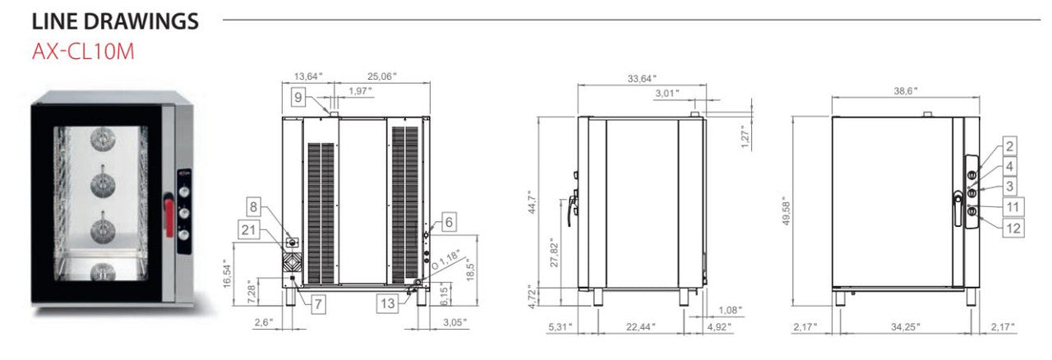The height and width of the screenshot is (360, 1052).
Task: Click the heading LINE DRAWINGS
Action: tap(115, 22)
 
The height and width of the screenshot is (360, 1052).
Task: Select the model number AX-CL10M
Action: tap(82, 52)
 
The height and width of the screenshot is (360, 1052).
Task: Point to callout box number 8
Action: tap(254, 207)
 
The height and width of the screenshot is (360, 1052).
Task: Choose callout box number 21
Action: tap(250, 229)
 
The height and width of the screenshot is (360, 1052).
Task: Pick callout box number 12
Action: tap(1014, 228)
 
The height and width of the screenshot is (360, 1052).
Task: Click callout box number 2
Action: tap(1010, 146)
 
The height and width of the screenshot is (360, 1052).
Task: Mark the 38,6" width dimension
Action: tap(905, 91)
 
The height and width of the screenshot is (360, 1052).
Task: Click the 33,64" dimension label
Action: tap(641, 79)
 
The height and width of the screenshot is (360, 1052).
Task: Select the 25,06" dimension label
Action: tap(383, 76)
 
